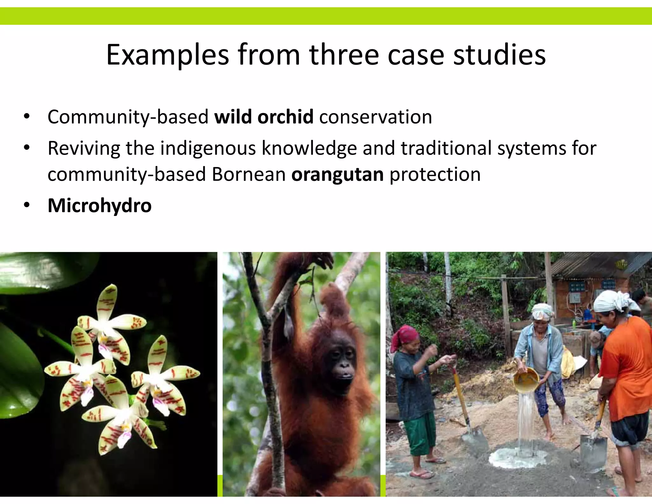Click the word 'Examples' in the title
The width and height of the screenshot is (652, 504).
click(167, 55)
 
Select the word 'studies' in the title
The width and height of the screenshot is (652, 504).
click(499, 55)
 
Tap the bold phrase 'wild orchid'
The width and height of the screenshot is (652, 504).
click(264, 117)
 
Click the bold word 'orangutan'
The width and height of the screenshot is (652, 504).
click(337, 174)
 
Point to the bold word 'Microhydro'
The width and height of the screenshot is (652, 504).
click(99, 205)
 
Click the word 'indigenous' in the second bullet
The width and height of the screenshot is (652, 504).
click(208, 148)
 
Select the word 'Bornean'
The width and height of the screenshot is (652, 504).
click(249, 174)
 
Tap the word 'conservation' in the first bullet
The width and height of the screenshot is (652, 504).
click(375, 117)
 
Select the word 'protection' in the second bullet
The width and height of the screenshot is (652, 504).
click(435, 174)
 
